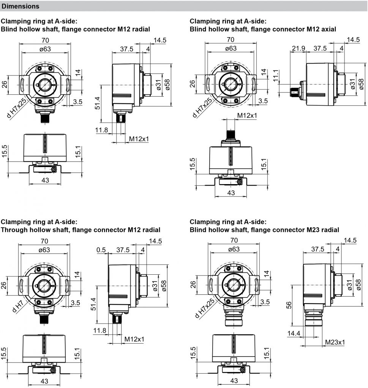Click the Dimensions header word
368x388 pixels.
point(21,6)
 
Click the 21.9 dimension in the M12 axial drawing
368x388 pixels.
point(299,48)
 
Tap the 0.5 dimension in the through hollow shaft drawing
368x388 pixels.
point(101,250)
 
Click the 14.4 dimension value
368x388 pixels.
point(294,333)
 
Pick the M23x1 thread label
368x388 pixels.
point(335,343)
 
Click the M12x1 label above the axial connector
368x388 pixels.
point(247,115)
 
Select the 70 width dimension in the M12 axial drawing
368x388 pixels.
point(230,40)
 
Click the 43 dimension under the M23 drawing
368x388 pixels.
point(234,381)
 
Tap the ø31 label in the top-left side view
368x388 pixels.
point(158,84)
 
